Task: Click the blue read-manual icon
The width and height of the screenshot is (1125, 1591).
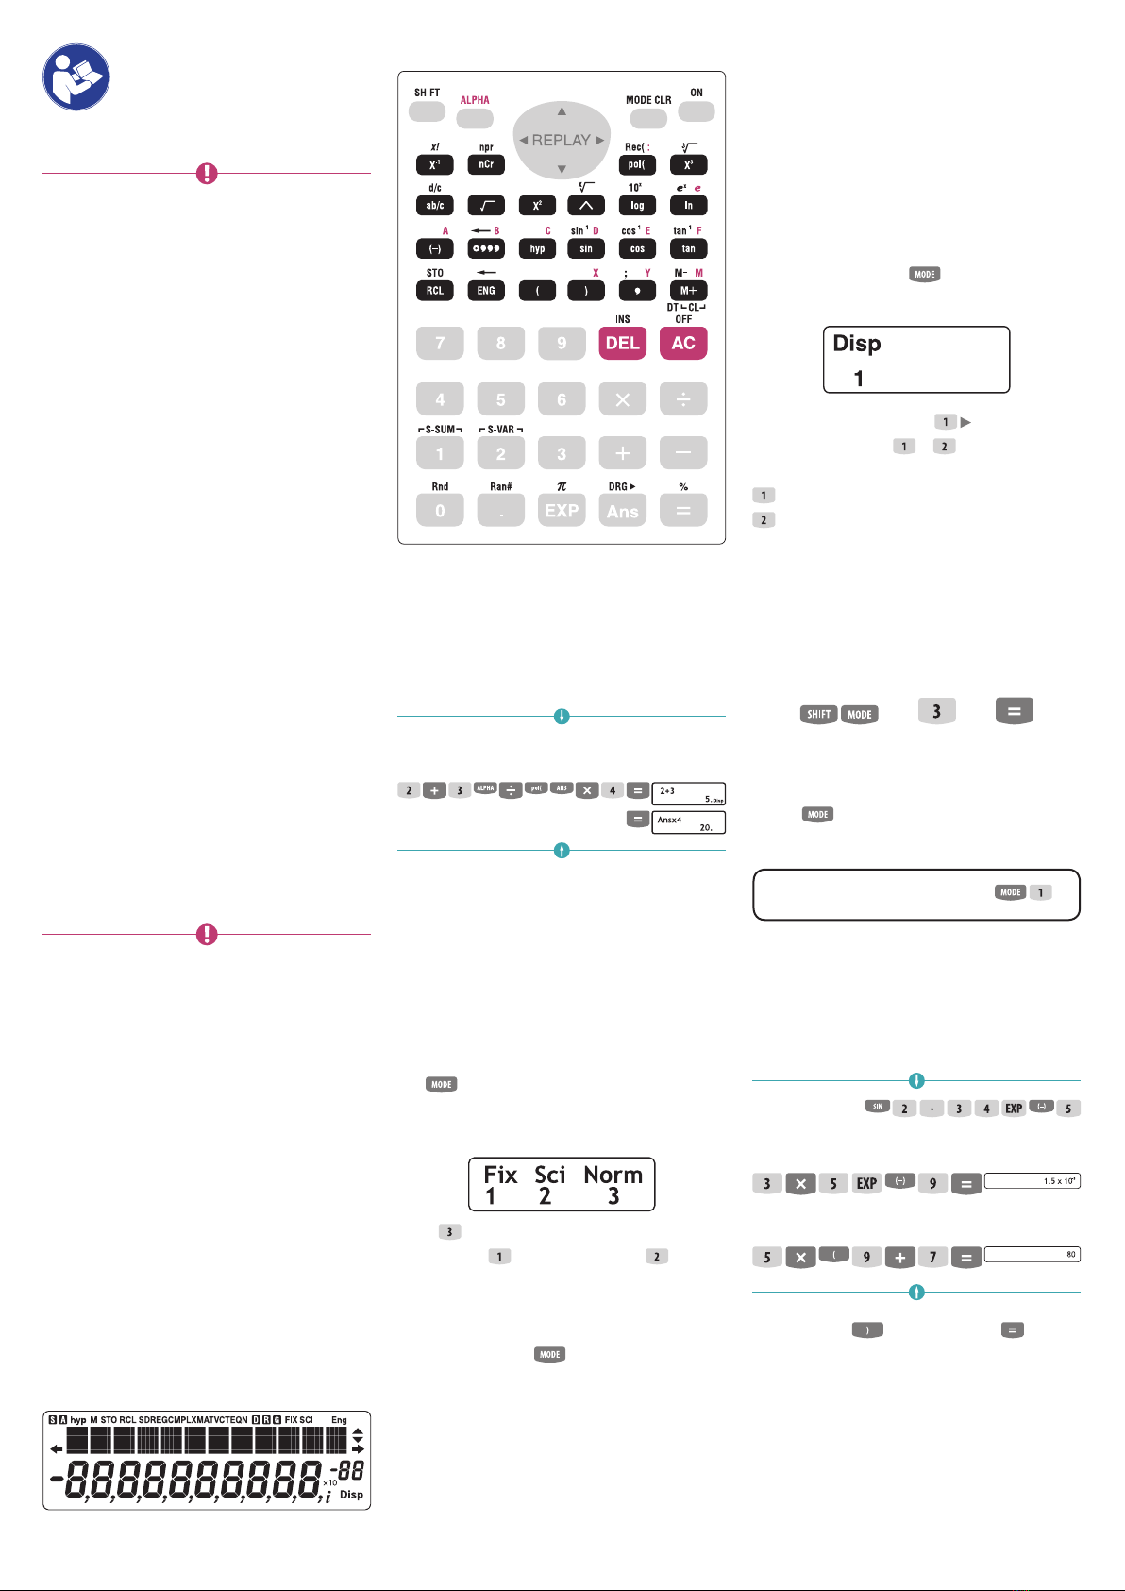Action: click(76, 76)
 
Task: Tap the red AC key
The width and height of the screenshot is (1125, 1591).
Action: click(683, 343)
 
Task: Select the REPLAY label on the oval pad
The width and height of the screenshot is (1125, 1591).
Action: click(562, 140)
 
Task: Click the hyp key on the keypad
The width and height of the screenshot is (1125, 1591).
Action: click(537, 248)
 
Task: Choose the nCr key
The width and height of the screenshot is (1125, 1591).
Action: click(486, 164)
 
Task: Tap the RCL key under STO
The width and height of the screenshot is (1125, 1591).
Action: click(434, 291)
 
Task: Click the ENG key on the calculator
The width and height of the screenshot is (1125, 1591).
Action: click(486, 291)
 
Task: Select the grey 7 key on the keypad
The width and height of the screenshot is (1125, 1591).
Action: click(440, 343)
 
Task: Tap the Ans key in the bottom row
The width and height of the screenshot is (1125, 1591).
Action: click(622, 511)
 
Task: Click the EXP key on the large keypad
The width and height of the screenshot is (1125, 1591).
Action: click(562, 511)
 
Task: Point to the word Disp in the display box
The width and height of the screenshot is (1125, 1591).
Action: click(857, 344)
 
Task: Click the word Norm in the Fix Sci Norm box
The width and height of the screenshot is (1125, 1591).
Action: click(613, 1175)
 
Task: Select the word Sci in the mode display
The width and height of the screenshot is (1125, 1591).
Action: click(549, 1175)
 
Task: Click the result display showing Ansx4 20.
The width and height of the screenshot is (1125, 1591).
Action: click(688, 822)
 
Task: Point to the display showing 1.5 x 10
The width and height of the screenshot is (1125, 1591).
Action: click(1032, 1181)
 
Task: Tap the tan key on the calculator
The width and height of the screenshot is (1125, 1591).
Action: click(688, 248)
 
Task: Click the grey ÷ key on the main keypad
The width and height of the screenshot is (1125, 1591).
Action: click(683, 399)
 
